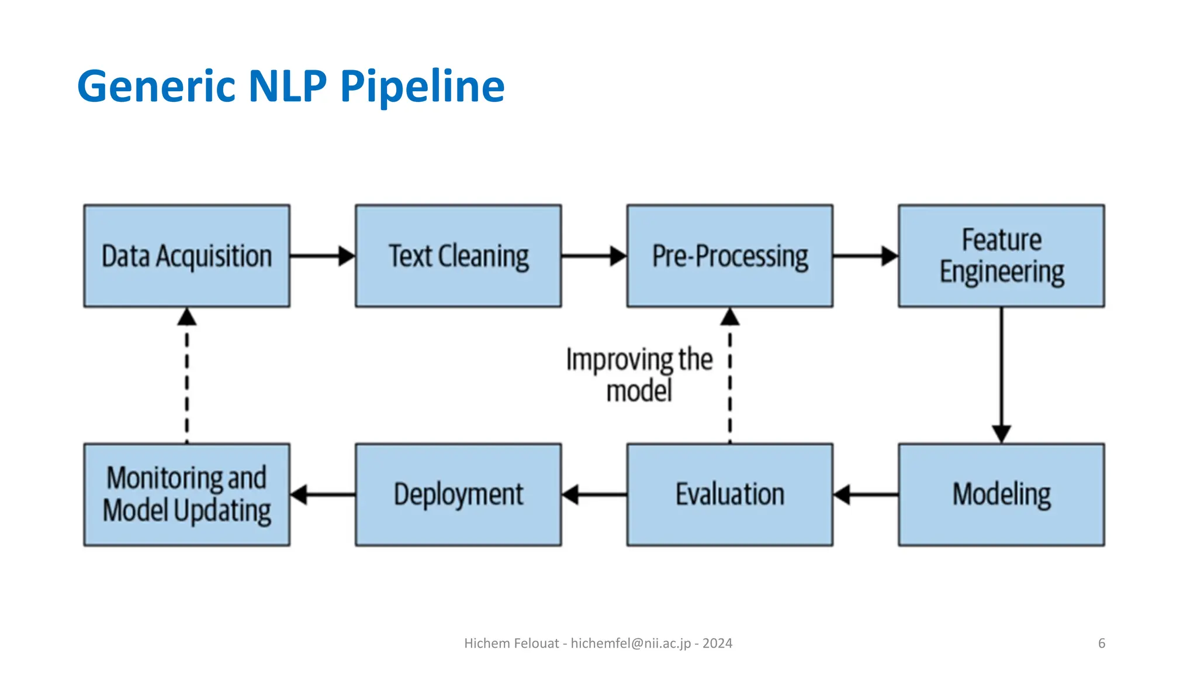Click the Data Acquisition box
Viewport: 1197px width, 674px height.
coord(186,256)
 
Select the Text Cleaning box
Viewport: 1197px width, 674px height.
coord(458,256)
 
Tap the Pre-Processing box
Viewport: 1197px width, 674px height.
coord(729,256)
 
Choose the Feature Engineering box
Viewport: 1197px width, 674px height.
coord(1001,256)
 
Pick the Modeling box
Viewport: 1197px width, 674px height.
coord(1001,494)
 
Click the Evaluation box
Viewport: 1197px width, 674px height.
coord(729,494)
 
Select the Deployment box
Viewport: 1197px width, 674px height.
coord(458,494)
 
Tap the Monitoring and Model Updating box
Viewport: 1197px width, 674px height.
coord(186,494)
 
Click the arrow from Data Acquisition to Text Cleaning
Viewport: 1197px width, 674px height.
coord(322,256)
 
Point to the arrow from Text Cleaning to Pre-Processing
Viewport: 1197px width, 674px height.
coord(593,256)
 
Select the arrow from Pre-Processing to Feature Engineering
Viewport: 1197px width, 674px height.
coord(865,256)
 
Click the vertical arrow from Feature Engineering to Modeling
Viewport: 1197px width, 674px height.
coord(1001,374)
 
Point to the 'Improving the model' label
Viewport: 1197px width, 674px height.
coord(639,374)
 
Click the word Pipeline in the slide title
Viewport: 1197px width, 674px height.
coord(422,87)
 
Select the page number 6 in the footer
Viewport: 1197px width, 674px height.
coord(1101,643)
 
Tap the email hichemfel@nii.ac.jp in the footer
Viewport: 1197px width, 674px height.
coord(630,643)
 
